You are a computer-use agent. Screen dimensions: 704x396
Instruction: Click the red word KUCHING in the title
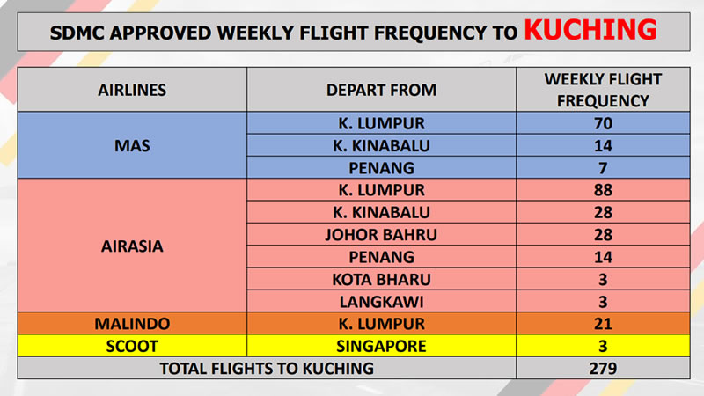590,30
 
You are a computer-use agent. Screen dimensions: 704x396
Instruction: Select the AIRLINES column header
132,91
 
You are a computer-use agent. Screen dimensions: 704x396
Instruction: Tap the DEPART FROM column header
381,91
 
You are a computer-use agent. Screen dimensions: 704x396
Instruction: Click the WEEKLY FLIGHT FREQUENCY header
603,90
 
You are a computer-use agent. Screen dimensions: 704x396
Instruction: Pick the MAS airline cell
132,145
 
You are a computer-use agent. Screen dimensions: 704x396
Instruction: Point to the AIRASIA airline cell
132,246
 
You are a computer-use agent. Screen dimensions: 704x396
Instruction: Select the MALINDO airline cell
132,324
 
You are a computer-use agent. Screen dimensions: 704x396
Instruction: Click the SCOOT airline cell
132,346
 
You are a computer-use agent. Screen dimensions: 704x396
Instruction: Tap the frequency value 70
603,123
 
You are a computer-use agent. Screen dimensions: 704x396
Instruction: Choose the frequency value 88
603,190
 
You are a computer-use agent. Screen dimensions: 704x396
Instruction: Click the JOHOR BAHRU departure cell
381,235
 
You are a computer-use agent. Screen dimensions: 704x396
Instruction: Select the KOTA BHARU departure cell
381,280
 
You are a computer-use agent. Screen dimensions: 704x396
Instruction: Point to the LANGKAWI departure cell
381,302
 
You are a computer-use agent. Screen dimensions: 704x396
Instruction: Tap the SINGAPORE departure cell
381,346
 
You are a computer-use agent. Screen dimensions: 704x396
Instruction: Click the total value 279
603,369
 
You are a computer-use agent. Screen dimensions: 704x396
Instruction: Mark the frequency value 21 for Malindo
603,324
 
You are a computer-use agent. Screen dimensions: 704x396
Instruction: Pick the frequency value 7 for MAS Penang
603,168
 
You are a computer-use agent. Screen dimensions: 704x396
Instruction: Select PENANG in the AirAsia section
381,257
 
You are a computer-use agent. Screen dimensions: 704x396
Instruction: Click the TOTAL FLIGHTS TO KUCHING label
267,369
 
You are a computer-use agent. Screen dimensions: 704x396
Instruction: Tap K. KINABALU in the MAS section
381,145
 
